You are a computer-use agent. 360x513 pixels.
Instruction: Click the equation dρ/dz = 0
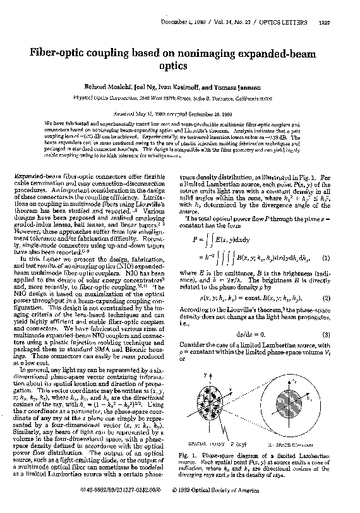click(x=249, y=333)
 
